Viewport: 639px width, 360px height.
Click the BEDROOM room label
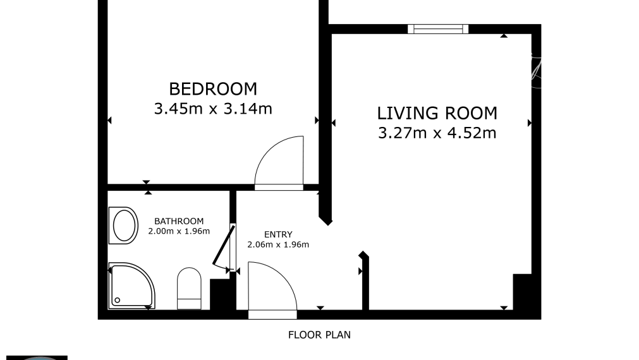[x=213, y=88]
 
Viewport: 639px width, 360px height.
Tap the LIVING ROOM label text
[x=437, y=113]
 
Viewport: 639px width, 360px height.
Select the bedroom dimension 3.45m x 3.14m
[x=213, y=109]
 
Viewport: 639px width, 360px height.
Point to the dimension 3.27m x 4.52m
[x=437, y=133]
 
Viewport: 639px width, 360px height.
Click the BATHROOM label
[x=179, y=221]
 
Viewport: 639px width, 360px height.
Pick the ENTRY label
[x=278, y=235]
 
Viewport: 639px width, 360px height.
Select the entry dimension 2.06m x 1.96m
[x=278, y=244]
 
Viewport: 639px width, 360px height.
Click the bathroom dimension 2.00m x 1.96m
[x=179, y=231]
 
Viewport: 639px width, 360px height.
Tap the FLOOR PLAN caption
[x=319, y=335]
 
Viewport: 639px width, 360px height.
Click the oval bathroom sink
[x=123, y=225]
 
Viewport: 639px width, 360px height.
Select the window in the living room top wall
[x=437, y=28]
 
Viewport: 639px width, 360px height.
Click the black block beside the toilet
[x=221, y=294]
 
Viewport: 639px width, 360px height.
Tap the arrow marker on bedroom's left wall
[x=110, y=120]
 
